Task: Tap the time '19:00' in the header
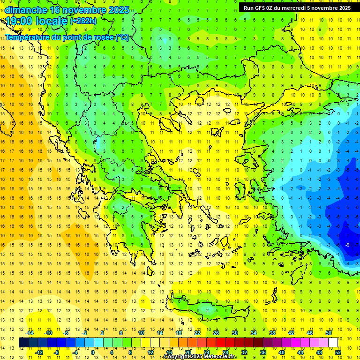(19, 21)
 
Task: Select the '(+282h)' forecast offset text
(83, 21)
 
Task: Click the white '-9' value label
(347, 245)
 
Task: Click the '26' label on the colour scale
(216, 333)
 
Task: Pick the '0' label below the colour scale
(93, 352)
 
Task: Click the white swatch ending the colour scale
(333, 343)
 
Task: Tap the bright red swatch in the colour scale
(220, 343)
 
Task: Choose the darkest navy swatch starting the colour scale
(24, 343)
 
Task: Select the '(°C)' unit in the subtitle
(122, 37)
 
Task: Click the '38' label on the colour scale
(272, 333)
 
